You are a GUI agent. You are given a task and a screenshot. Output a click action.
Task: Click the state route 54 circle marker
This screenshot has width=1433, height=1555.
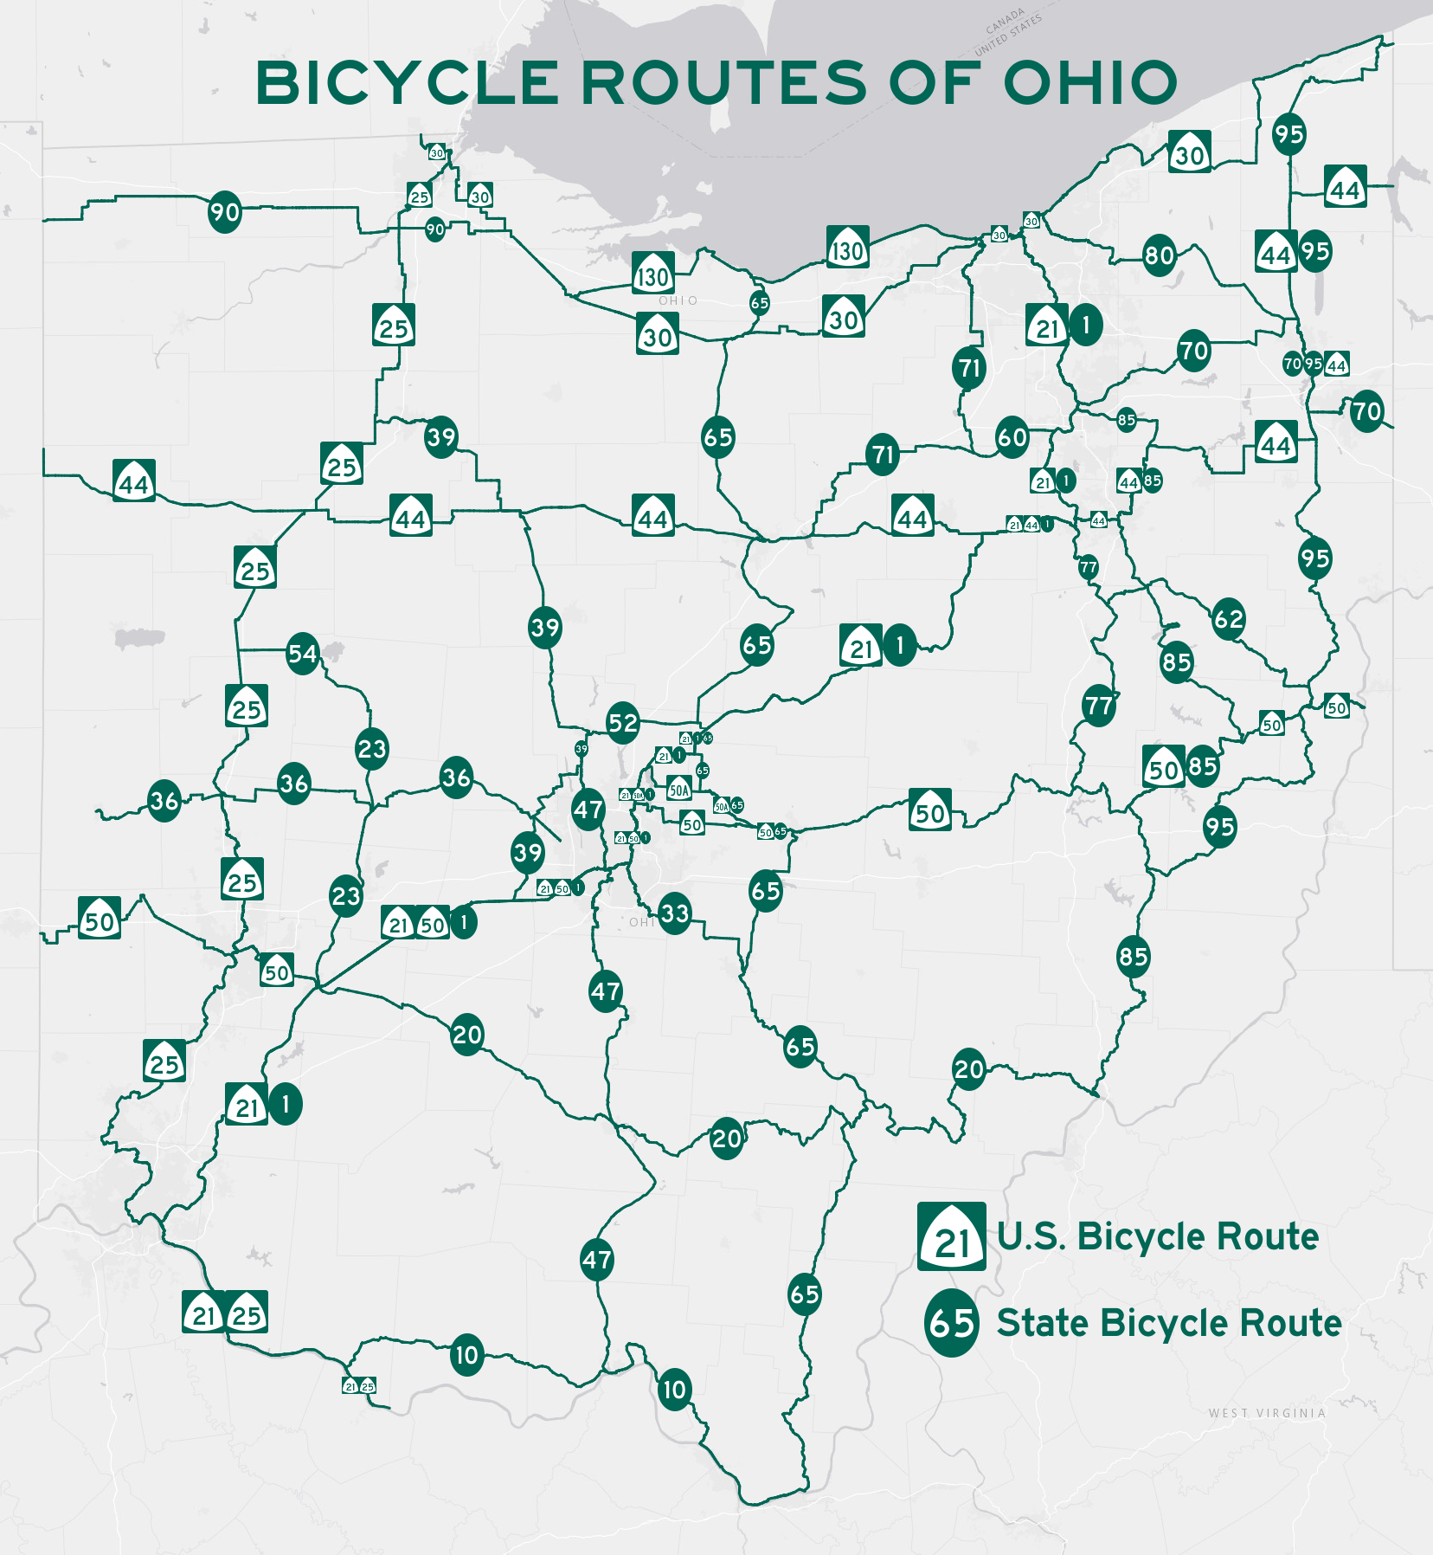(x=303, y=654)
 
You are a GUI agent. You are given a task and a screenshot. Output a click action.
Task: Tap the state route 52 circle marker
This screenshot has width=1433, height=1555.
(x=623, y=723)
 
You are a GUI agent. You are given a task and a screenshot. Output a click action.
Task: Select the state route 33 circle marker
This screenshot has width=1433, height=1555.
(x=675, y=913)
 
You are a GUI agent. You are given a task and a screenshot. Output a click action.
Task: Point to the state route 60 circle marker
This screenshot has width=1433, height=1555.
(x=1012, y=438)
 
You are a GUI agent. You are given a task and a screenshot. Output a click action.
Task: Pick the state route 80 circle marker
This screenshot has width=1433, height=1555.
(x=1160, y=255)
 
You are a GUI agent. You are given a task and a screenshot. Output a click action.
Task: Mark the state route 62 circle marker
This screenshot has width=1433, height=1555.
(x=1229, y=619)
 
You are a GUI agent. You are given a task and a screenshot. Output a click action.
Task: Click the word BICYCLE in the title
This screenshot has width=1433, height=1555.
(x=408, y=84)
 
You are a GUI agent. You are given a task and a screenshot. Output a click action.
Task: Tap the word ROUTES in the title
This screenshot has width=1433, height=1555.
(x=723, y=84)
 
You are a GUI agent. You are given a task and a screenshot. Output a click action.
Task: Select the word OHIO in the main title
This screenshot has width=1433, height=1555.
(x=1090, y=84)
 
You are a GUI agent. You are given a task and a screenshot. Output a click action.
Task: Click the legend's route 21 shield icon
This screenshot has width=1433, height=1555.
(x=952, y=1236)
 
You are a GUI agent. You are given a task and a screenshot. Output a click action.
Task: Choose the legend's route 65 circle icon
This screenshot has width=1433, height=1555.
(x=952, y=1323)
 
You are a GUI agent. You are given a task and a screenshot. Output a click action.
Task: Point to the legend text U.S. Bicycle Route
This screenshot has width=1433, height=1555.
(x=1158, y=1236)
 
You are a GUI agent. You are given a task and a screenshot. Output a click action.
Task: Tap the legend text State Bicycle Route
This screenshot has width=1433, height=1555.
(x=1169, y=1323)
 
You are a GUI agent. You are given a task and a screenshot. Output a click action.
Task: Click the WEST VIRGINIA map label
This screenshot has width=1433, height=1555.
(x=1267, y=1413)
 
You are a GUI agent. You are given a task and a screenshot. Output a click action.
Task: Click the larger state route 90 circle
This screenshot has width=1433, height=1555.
(x=225, y=212)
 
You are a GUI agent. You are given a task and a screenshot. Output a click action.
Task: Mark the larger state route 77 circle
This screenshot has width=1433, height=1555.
(x=1099, y=706)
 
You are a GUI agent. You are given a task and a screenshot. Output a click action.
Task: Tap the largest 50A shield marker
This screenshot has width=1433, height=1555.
(x=679, y=789)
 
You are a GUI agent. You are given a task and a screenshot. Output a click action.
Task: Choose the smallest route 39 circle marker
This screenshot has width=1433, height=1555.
(x=582, y=749)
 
